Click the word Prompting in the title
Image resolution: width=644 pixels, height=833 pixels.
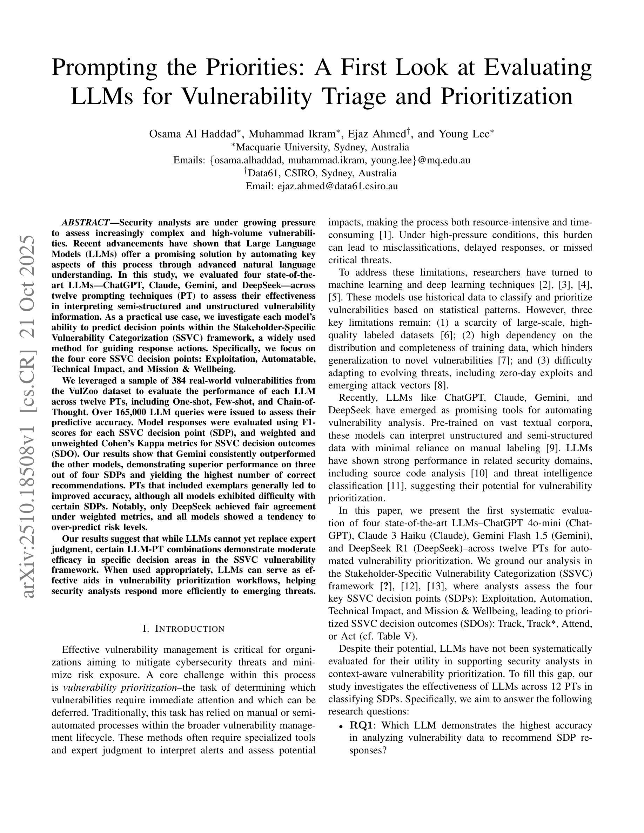pyautogui.click(x=104, y=68)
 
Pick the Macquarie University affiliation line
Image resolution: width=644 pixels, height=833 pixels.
pyautogui.click(x=322, y=147)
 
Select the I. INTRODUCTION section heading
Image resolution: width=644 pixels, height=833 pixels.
pyautogui.click(x=183, y=629)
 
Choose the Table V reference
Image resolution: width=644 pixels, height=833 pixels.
pyautogui.click(x=396, y=636)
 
